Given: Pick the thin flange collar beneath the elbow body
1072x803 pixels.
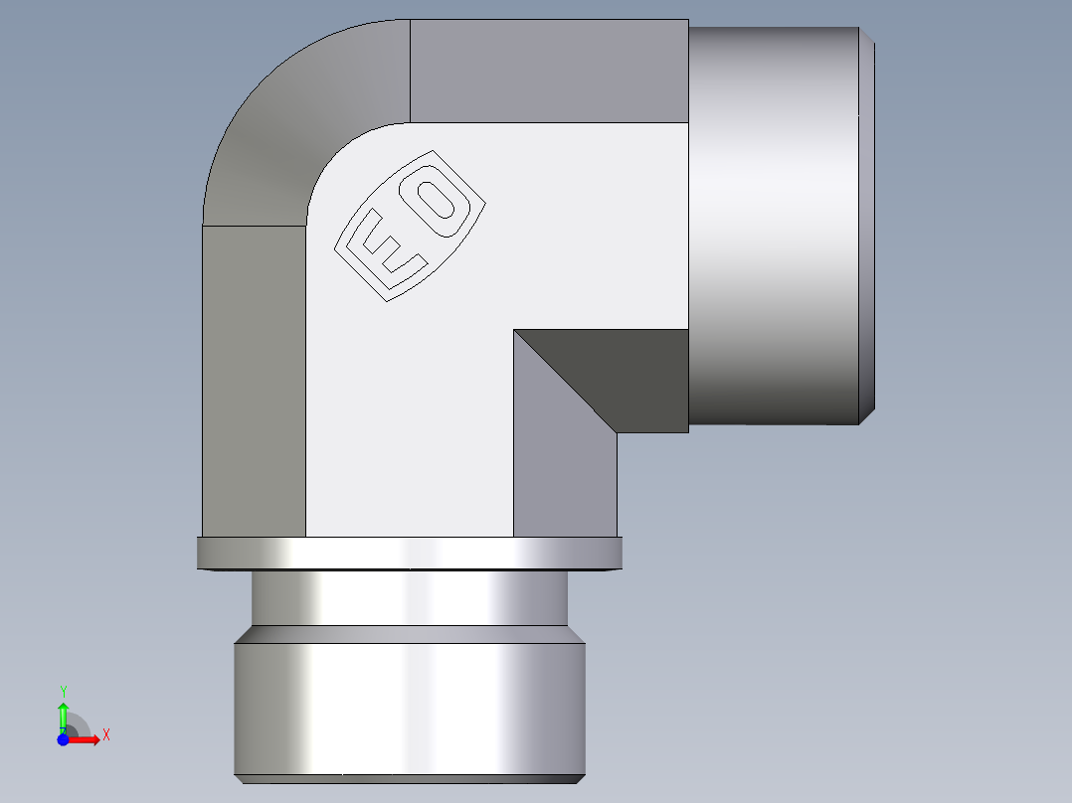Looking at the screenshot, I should [x=410, y=554].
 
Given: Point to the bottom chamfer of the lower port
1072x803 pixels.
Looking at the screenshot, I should [x=410, y=778].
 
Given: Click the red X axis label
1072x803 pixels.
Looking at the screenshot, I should [x=105, y=735].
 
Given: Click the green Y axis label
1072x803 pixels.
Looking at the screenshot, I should [x=63, y=691].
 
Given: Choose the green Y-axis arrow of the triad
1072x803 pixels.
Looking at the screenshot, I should [x=63, y=714].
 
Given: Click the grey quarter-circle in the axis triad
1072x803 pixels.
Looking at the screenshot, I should [x=79, y=725].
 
